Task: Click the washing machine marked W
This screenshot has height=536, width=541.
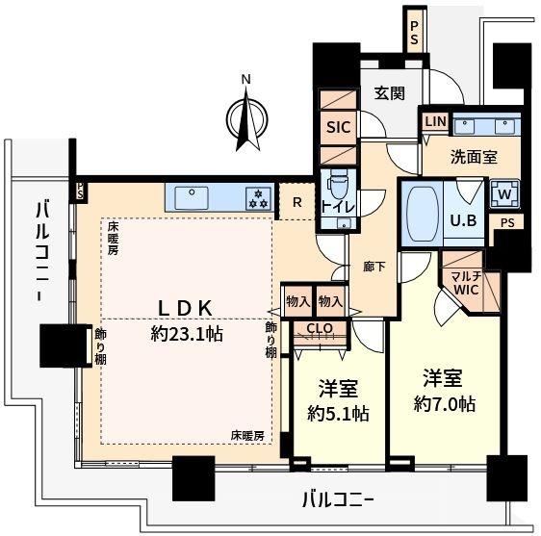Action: [504, 194]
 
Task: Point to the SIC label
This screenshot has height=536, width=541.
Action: [339, 127]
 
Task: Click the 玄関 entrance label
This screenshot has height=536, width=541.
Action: [390, 93]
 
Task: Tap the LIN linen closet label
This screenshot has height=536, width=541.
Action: [436, 121]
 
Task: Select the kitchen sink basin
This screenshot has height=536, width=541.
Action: [192, 197]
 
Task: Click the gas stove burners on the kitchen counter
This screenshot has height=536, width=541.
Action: [259, 198]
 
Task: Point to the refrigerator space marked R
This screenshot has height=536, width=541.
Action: [297, 202]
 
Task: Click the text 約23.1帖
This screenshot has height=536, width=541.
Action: [187, 334]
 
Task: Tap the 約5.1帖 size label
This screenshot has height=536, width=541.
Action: [338, 414]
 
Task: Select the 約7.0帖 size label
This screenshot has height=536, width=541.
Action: [445, 403]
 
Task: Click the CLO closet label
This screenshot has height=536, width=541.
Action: [320, 328]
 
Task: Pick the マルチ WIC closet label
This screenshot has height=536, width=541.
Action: [467, 283]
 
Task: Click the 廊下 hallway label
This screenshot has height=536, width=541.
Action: [374, 267]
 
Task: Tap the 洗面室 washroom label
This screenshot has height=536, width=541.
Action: [474, 157]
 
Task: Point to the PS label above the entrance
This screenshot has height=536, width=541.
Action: [414, 33]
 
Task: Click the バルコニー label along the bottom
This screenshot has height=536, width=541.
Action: [338, 499]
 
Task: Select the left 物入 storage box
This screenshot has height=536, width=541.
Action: [298, 302]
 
